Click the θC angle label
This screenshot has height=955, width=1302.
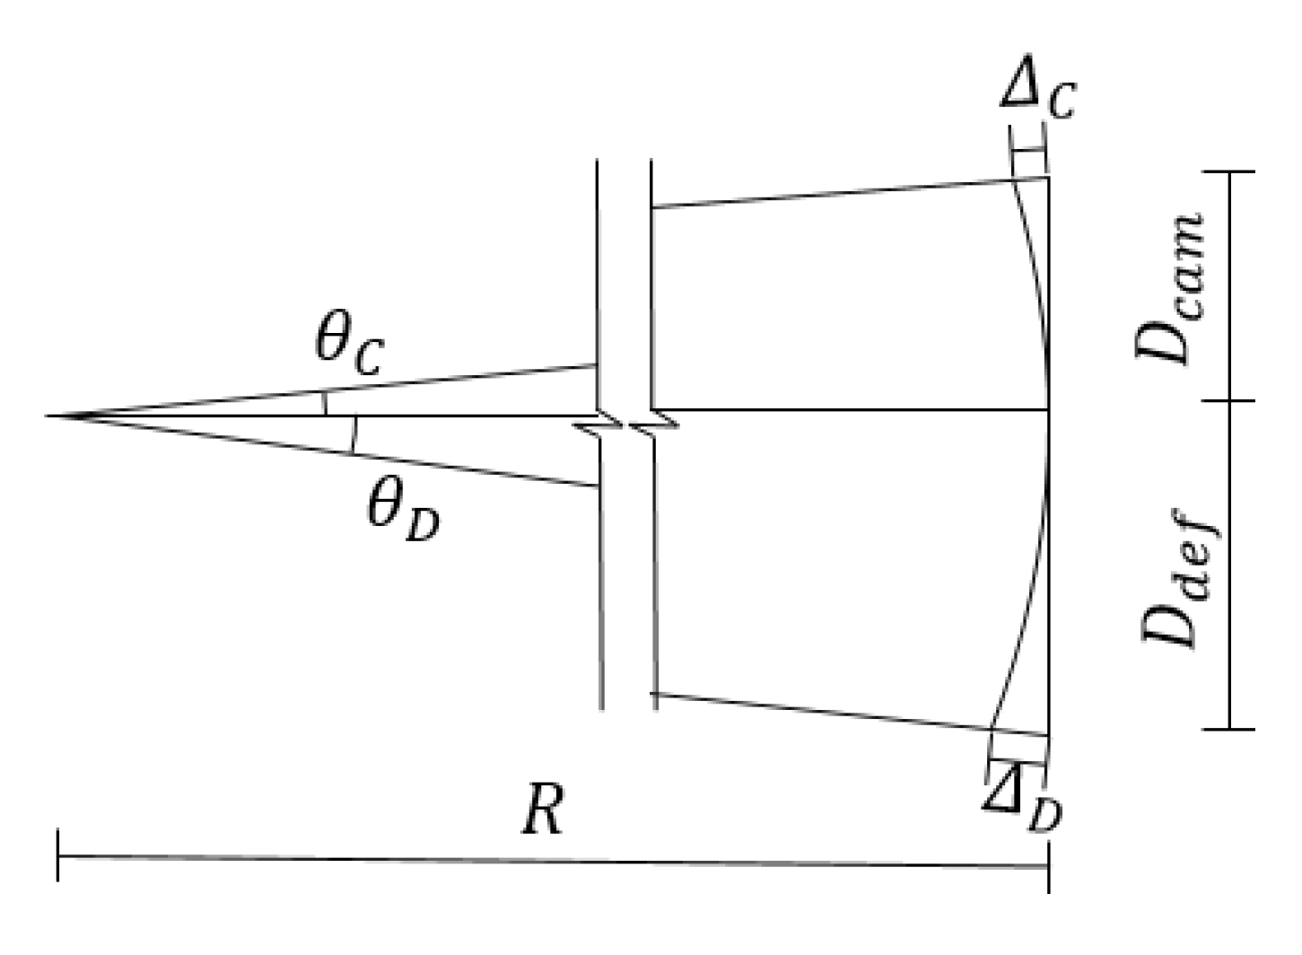pos(350,346)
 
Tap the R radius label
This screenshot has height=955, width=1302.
pos(543,812)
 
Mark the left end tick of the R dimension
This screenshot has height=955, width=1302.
pos(58,856)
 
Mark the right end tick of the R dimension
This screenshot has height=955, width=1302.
pos(1048,867)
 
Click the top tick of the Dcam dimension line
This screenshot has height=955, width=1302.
pos(1229,171)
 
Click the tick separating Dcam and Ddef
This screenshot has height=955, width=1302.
pos(1229,401)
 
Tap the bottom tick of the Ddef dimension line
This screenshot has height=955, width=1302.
pos(1229,729)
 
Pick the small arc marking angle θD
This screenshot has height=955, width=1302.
pos(354,434)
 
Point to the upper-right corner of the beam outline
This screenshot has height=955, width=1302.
pos(1048,178)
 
